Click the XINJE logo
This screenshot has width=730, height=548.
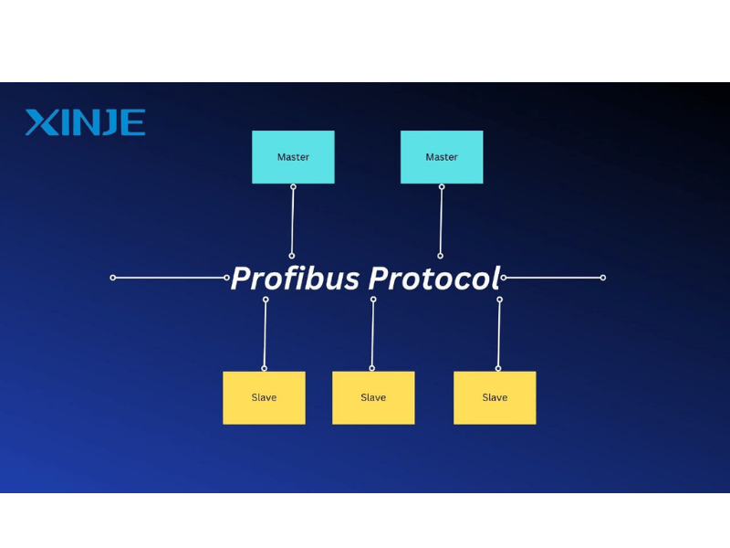(85, 122)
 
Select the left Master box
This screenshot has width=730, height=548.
(293, 157)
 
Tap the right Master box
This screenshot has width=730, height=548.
(442, 157)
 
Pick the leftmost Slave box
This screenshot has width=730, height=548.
(264, 397)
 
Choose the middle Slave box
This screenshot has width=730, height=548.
(373, 397)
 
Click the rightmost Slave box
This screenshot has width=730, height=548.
(495, 397)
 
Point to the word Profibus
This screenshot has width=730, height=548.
(295, 278)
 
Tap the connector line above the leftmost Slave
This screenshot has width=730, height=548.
(265, 333)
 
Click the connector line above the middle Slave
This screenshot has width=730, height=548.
(372, 333)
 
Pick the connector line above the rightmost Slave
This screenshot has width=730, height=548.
(499, 333)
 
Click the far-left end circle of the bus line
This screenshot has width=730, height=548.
(113, 277)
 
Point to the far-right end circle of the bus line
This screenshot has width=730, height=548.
(603, 277)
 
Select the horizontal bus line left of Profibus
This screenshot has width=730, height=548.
(170, 277)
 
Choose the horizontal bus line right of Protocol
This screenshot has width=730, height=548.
(553, 277)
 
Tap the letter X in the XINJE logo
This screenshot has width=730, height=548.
(38, 122)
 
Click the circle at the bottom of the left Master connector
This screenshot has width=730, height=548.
(292, 256)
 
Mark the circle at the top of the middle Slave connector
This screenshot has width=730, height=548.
(373, 299)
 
